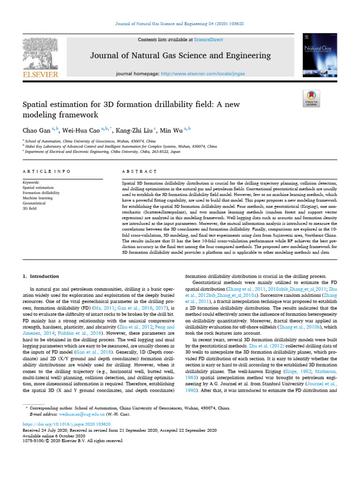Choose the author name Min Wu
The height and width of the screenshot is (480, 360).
tap(167, 130)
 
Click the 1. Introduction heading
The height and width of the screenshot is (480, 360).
tap(41, 277)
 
